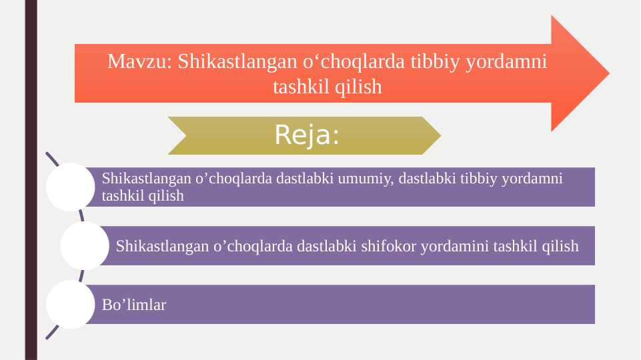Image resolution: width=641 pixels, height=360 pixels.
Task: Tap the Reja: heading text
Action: [307, 136]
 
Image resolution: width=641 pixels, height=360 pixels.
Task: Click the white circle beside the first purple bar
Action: [70, 187]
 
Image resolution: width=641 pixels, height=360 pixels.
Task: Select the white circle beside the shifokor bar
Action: [85, 246]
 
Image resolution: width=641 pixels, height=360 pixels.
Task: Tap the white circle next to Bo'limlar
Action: [70, 305]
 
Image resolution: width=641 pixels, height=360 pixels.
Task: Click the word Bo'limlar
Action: [134, 305]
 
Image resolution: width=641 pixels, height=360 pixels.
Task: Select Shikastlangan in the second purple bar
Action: [162, 246]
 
